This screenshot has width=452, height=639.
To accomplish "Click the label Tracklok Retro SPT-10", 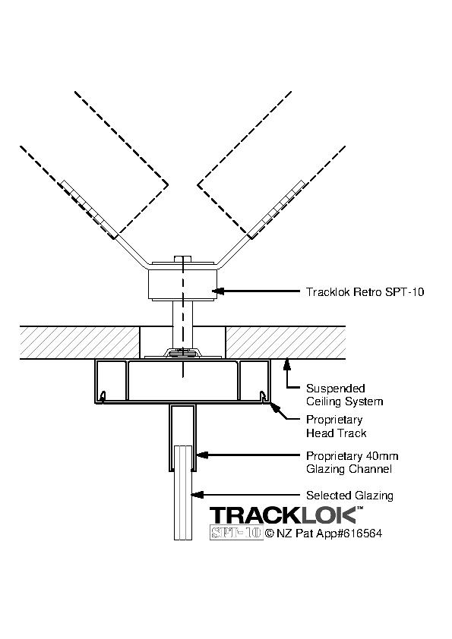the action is coord(365,291).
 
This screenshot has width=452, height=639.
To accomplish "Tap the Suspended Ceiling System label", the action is coord(345,395).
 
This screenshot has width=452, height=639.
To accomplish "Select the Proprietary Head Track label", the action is coord(336,427).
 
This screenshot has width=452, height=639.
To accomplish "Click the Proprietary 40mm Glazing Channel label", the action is coord(352,462).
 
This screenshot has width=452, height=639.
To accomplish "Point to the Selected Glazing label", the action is coord(349,496).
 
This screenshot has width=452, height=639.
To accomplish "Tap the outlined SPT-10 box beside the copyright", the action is coord(236,533).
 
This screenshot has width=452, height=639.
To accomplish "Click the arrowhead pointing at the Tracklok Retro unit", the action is coord(218,291).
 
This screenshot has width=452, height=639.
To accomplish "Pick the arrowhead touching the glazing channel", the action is coord(202,455).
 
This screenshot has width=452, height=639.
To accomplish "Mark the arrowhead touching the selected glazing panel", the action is coord(198,495).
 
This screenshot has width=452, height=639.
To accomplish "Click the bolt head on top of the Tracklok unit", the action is coord(183,259).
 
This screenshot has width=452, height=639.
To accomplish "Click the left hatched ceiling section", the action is coord(80,342).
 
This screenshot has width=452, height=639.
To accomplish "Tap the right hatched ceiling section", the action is coord(286,342).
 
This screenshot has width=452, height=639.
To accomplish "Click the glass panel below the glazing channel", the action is coord(183,493).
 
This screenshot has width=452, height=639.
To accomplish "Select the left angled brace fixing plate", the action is coord(87,209).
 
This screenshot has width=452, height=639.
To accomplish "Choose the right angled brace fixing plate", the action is coord(277,209).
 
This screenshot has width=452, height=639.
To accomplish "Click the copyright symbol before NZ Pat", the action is coord(270,533).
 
